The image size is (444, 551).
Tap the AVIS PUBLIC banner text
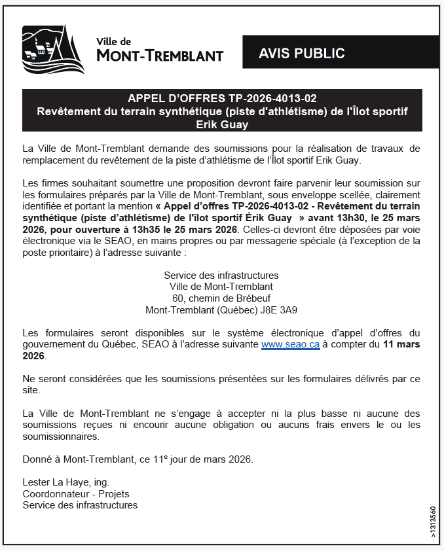point(301,53)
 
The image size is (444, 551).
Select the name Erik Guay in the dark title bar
point(222,124)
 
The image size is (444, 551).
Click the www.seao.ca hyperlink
point(290,344)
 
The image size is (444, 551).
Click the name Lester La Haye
point(56,483)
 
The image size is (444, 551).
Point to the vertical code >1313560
point(433,522)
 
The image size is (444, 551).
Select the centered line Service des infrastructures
point(221,275)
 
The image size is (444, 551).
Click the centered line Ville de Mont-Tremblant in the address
point(221,287)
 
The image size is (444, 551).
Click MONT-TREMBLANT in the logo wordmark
point(160,56)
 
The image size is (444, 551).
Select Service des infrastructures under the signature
point(80,505)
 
